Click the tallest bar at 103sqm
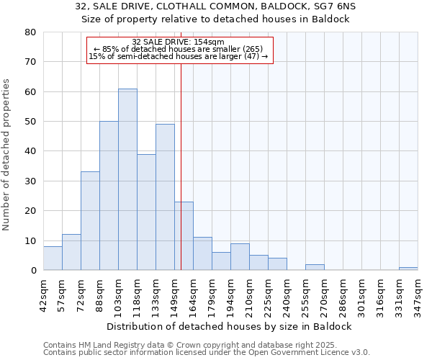pos(127,179)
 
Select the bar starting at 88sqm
pos(109,196)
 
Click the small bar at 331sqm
pos(408,269)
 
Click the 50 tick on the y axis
pos(30,122)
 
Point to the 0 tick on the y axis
pos(33,271)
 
